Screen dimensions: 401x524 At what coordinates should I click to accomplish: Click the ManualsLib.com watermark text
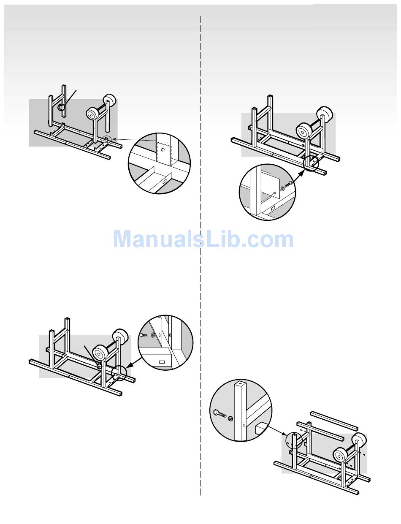(x=203, y=239)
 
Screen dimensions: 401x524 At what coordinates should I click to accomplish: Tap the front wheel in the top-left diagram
(x=93, y=114)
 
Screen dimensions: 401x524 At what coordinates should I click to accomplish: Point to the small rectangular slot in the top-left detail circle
(x=164, y=181)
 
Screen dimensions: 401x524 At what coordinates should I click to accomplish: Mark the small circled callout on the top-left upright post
(x=62, y=107)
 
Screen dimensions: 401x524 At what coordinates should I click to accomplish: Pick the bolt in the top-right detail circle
(x=289, y=185)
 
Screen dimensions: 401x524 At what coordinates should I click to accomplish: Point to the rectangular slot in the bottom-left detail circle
(x=162, y=362)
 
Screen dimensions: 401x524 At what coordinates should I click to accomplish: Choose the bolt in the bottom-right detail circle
(x=219, y=413)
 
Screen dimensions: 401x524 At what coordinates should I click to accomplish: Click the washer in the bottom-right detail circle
(x=230, y=419)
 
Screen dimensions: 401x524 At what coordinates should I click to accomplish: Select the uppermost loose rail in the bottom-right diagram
(x=334, y=420)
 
